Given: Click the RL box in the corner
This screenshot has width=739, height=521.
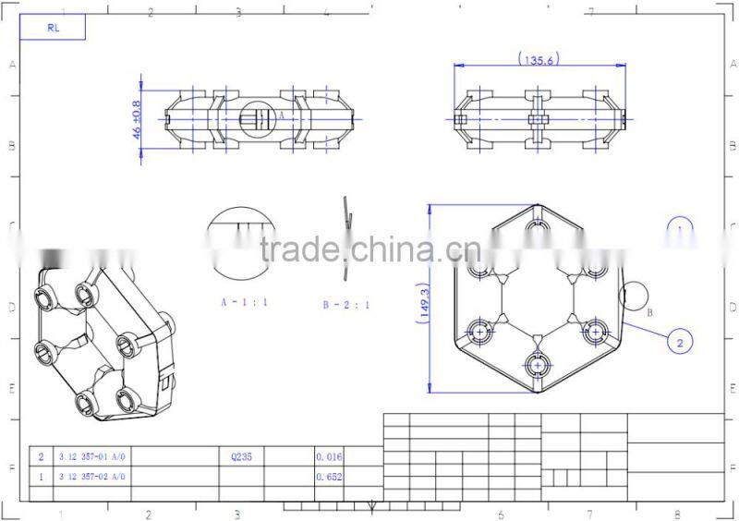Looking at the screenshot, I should [x=53, y=28].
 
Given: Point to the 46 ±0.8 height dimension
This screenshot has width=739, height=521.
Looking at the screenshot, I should [x=138, y=119].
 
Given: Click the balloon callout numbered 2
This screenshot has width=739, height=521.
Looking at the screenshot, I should [x=680, y=342].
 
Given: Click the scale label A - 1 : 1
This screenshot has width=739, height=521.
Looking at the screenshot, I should [x=241, y=302].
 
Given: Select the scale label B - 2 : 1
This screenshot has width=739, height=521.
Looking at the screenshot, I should [x=345, y=304].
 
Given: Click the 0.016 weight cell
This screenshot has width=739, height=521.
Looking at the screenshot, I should [x=329, y=456].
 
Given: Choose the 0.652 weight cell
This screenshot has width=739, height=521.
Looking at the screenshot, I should [x=329, y=477].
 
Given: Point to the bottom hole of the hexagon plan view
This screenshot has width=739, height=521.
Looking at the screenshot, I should [x=538, y=366].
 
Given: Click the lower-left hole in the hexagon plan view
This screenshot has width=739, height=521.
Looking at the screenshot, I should [x=480, y=330].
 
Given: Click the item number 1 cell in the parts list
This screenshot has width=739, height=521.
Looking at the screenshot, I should [x=41, y=477].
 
